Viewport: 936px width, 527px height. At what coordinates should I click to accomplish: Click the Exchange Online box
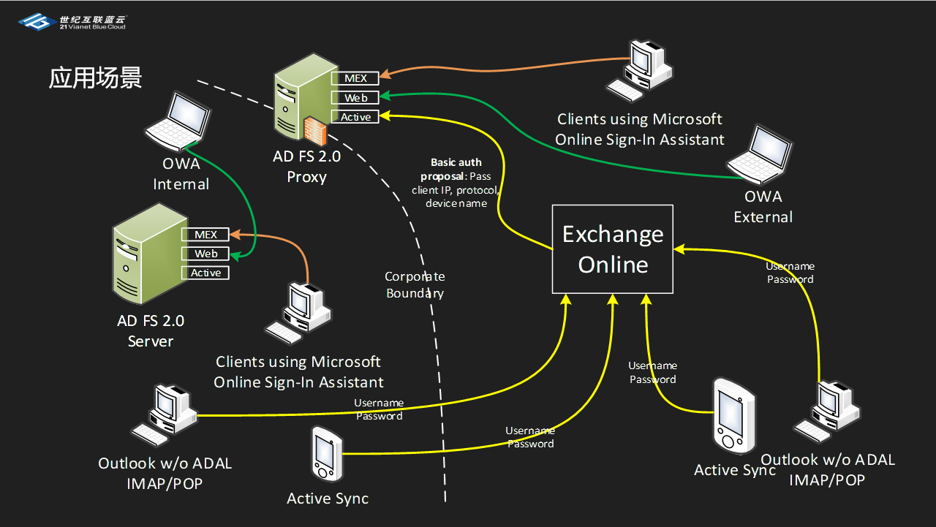(x=612, y=249)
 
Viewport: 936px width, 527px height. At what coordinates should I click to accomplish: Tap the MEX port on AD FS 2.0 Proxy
(x=355, y=78)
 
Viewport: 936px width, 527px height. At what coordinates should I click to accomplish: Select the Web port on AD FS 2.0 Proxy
(x=355, y=97)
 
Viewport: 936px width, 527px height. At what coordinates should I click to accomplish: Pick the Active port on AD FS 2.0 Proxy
(x=355, y=117)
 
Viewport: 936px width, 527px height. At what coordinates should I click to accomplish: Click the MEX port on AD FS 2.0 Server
(x=205, y=235)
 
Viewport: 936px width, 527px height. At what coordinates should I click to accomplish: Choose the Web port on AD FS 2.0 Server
(x=205, y=254)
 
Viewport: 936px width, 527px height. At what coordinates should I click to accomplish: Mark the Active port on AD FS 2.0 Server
(x=205, y=273)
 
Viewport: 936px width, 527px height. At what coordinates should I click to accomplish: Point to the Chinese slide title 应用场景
(x=95, y=77)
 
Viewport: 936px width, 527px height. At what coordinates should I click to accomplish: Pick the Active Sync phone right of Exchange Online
(x=733, y=417)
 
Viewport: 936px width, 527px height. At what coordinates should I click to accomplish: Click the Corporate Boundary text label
(x=415, y=285)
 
